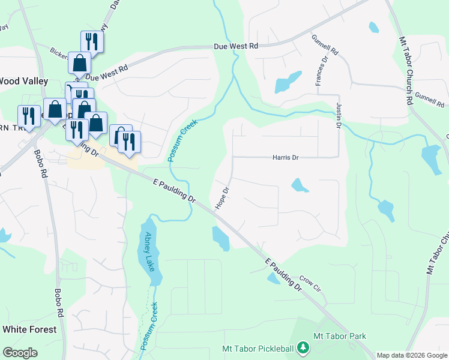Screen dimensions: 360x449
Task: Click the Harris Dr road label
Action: click(286, 158)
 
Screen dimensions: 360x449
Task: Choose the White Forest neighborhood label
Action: click(29, 329)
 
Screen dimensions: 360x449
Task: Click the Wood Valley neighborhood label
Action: click(17, 81)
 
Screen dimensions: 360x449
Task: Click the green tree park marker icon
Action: click(304, 347)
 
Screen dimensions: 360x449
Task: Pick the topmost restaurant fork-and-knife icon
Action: click(92, 41)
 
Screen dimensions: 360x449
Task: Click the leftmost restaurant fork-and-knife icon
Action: click(28, 115)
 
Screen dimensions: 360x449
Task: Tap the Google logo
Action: click(20, 353)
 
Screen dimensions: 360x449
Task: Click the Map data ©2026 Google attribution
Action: click(412, 355)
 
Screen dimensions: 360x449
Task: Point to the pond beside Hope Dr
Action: click(221, 239)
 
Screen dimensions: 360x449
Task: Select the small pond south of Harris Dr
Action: click(300, 185)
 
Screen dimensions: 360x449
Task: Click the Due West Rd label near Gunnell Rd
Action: click(237, 46)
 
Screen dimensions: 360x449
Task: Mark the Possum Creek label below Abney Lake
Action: click(149, 326)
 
